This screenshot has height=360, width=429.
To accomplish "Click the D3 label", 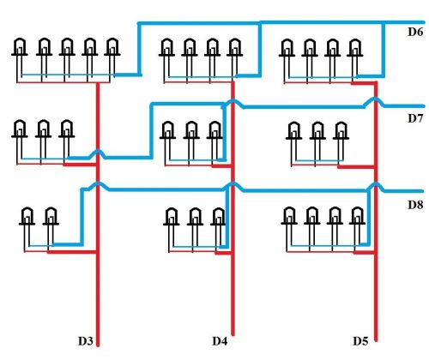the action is coord(86,341).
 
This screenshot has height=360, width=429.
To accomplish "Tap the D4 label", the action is coord(220,341).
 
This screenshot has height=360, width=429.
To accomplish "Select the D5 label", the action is coord(360,341).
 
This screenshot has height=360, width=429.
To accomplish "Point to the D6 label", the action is coord(415,32).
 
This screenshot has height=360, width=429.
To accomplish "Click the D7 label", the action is coord(415,118).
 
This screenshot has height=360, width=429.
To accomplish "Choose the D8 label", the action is coord(415,205).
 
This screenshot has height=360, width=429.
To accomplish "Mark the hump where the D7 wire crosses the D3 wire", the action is coord(98,153).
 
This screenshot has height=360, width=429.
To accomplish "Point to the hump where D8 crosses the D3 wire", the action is coord(98,186).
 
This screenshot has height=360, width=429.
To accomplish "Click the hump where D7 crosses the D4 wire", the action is coord(233,103).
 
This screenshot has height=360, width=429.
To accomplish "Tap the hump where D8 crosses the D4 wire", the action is coord(233,186).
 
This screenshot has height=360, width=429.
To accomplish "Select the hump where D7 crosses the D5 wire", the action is coord(375,101).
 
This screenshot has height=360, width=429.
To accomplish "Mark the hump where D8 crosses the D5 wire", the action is coord(376,186).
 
